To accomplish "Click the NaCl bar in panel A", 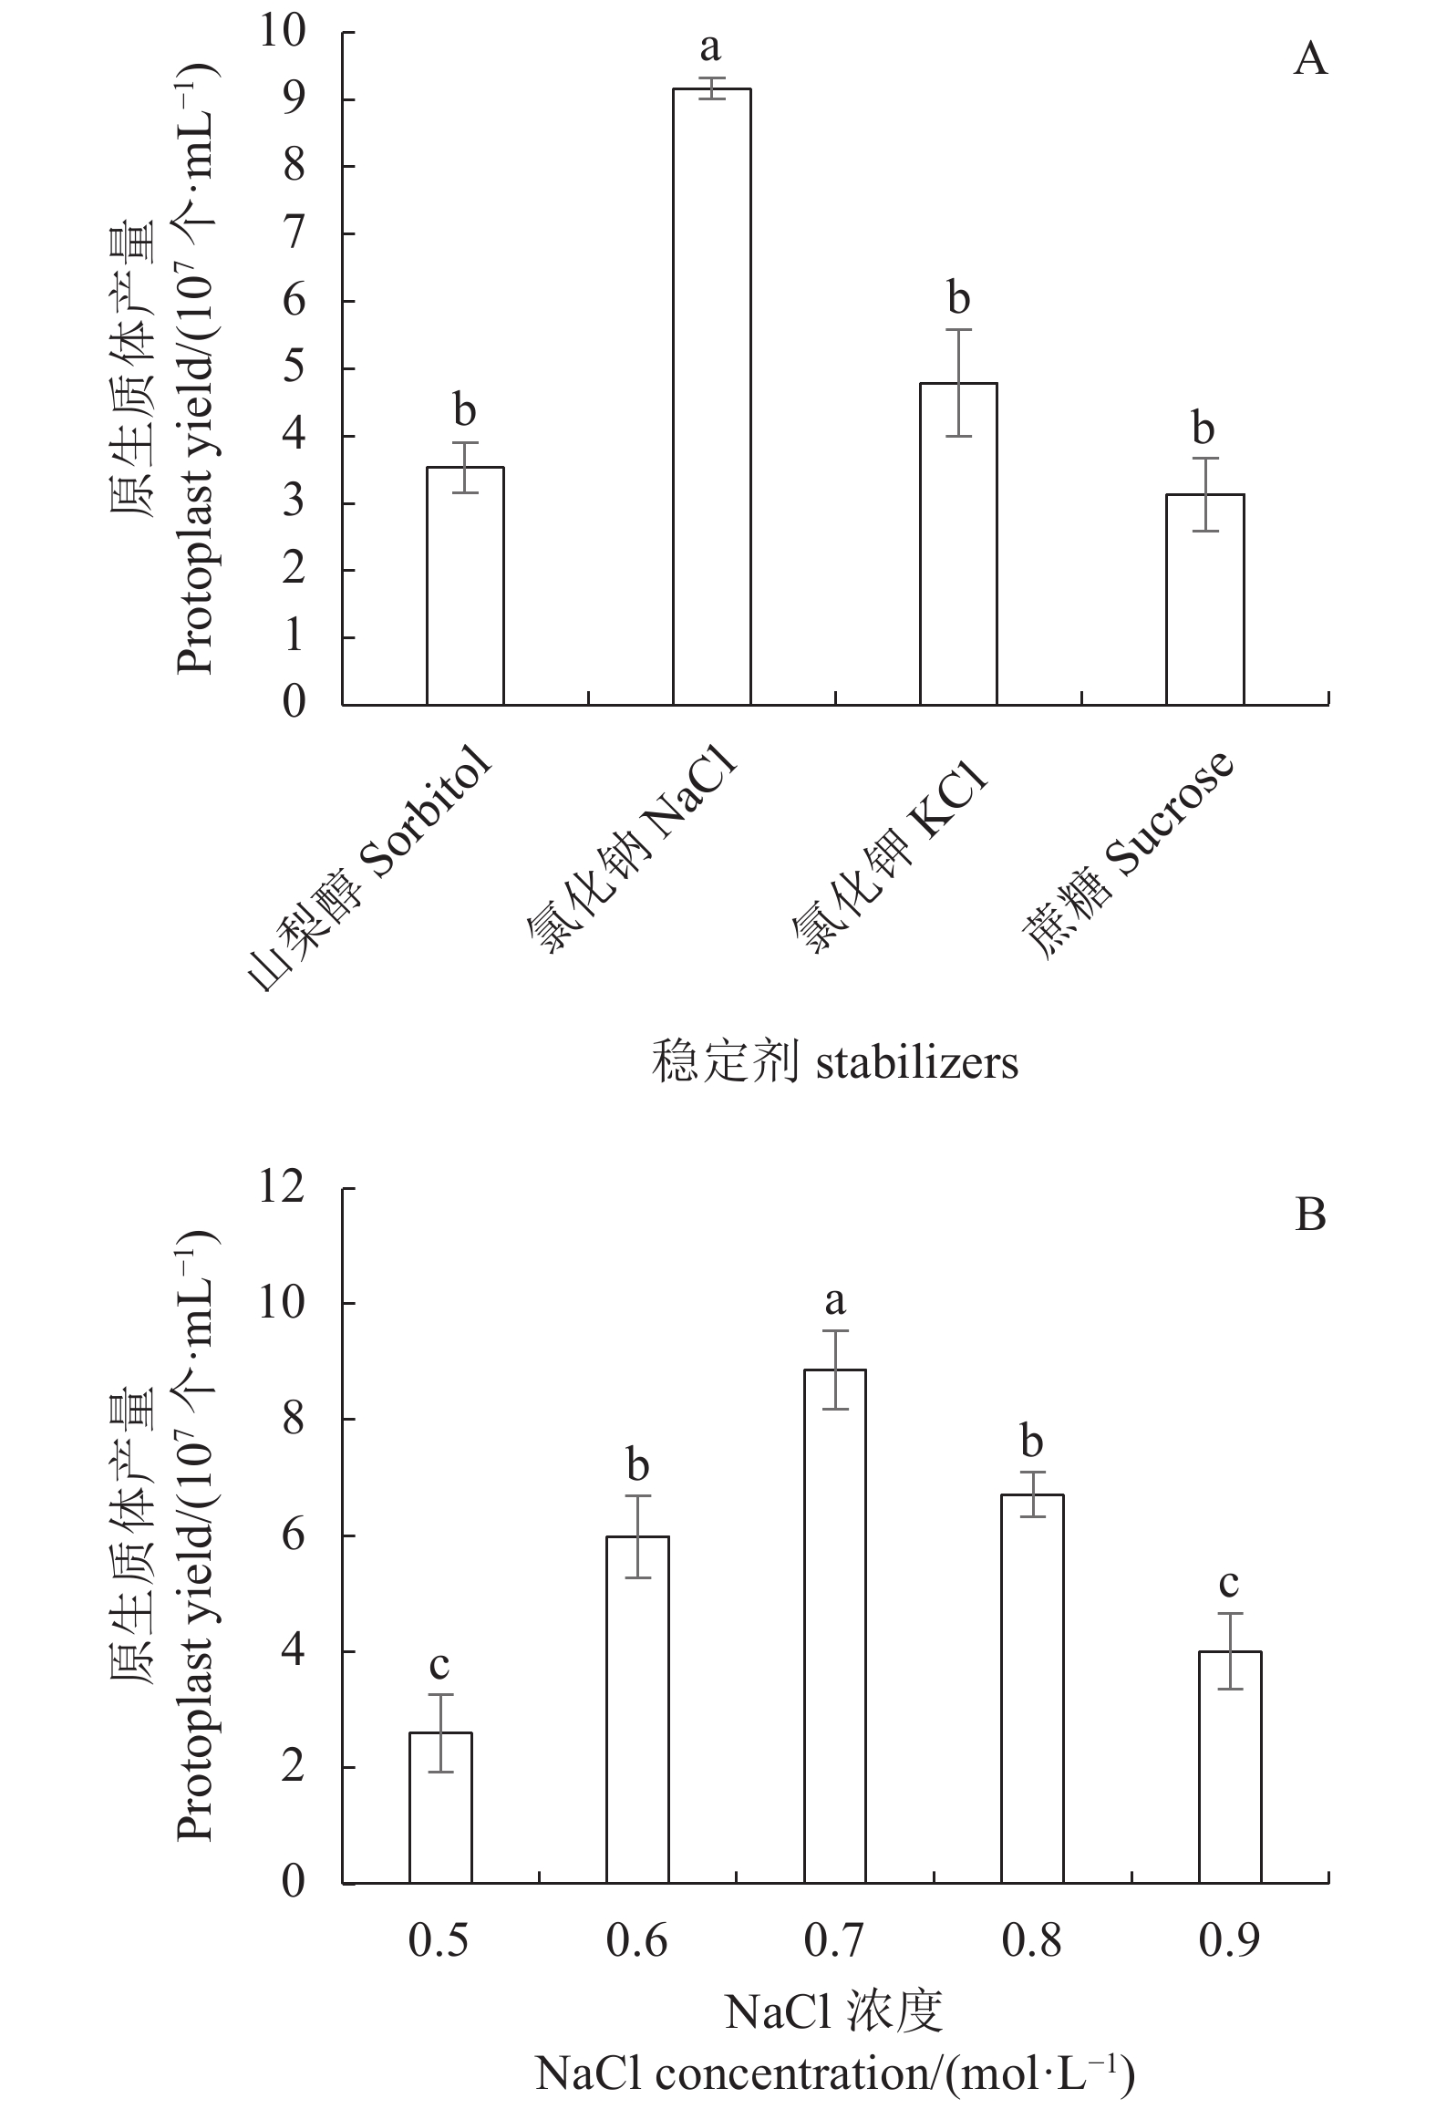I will tap(711, 397).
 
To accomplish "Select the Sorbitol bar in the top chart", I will tap(465, 585).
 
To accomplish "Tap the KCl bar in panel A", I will tap(957, 543).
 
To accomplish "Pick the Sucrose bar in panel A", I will tap(1204, 599).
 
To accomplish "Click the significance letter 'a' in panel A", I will tap(710, 47).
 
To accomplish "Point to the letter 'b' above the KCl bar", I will tap(957, 298).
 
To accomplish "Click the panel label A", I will tap(1309, 60).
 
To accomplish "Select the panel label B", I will tap(1309, 1215).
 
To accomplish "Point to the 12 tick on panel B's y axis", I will tap(282, 1189).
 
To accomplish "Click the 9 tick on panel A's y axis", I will tap(294, 99).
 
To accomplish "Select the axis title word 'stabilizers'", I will tap(916, 1063).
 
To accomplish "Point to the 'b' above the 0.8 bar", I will tap(1031, 1442).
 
